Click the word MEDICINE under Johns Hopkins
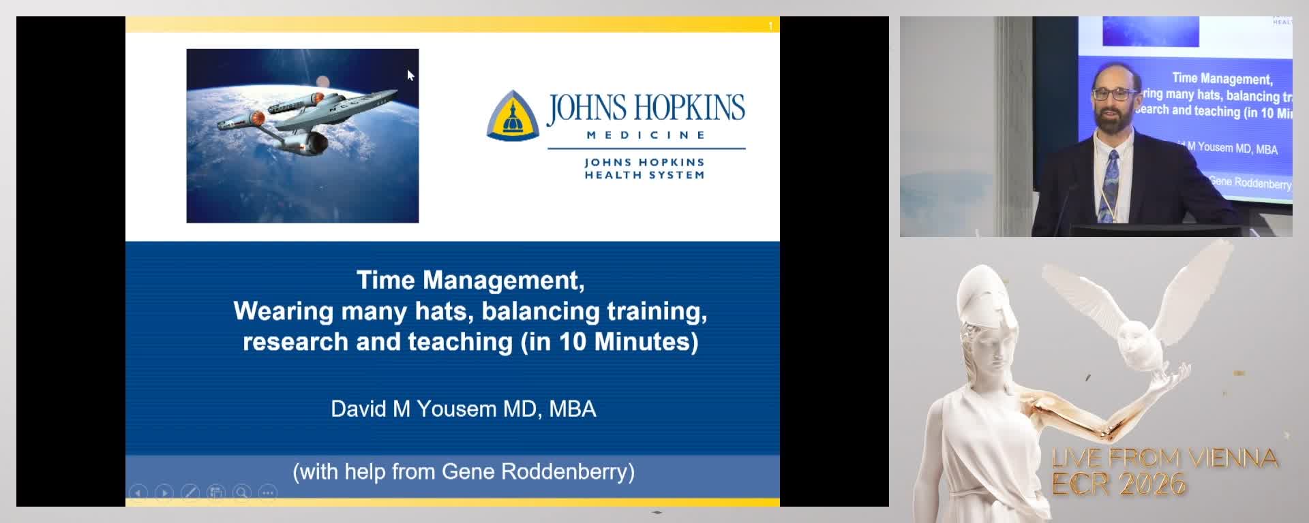click(646, 135)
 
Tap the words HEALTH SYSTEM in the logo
click(644, 175)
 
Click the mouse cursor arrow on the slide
click(410, 75)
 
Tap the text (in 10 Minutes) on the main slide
click(610, 341)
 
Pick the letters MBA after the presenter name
click(573, 409)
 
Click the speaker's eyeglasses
click(1113, 93)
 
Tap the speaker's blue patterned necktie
click(1111, 180)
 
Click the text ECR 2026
click(1119, 484)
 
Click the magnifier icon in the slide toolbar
click(242, 492)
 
